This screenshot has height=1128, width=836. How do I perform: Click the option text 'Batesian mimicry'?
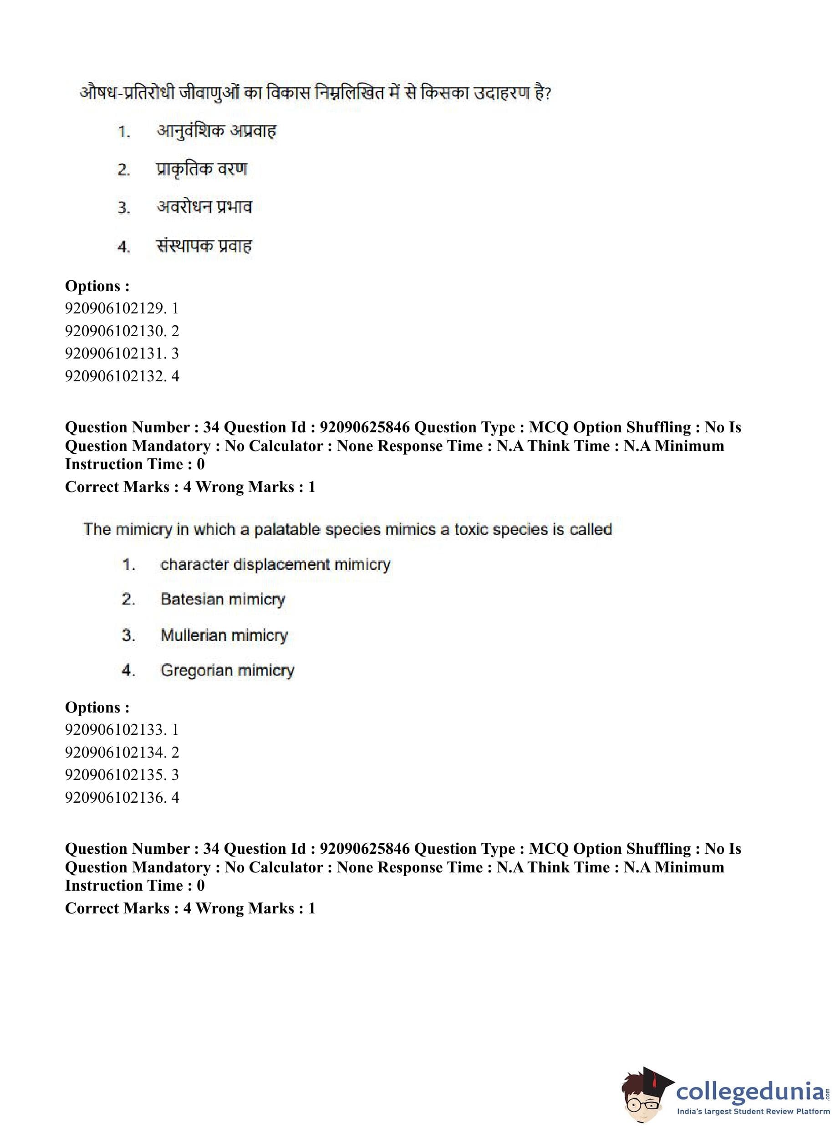pyautogui.click(x=223, y=600)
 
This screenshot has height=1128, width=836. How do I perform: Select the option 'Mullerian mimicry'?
pyautogui.click(x=224, y=635)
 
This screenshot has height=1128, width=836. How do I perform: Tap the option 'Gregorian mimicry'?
pyautogui.click(x=227, y=670)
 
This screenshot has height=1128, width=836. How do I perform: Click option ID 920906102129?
pyautogui.click(x=122, y=308)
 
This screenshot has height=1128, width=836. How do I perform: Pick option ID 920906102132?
pyautogui.click(x=122, y=376)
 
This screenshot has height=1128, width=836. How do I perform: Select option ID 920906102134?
pyautogui.click(x=122, y=752)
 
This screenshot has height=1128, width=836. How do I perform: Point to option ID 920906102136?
pyautogui.click(x=122, y=797)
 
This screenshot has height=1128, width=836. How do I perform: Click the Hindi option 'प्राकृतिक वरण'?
pyautogui.click(x=201, y=169)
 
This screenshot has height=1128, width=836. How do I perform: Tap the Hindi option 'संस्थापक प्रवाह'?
pyautogui.click(x=204, y=246)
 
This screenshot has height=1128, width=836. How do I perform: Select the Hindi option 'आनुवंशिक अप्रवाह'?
pyautogui.click(x=217, y=131)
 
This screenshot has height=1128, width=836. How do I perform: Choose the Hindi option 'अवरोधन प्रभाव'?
pyautogui.click(x=204, y=207)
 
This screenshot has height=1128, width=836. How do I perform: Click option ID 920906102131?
pyautogui.click(x=122, y=354)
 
